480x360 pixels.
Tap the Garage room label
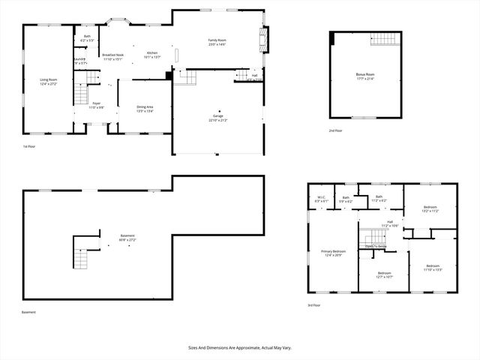coord(218,116)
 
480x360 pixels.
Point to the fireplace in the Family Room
coord(262,37)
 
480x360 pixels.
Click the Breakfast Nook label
coord(112,55)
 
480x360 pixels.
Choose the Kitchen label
coord(152,53)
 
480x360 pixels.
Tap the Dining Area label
coord(145,107)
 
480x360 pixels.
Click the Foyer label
coord(95,104)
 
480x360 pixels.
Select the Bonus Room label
coord(365,74)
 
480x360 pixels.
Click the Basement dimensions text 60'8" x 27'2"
coord(127,240)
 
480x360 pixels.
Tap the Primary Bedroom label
coord(334,251)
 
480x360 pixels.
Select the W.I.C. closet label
coord(320,199)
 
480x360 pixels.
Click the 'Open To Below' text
coord(376,246)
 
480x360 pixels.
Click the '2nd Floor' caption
coord(334,130)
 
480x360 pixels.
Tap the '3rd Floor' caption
coord(314,305)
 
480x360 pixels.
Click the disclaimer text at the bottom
coord(239,348)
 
